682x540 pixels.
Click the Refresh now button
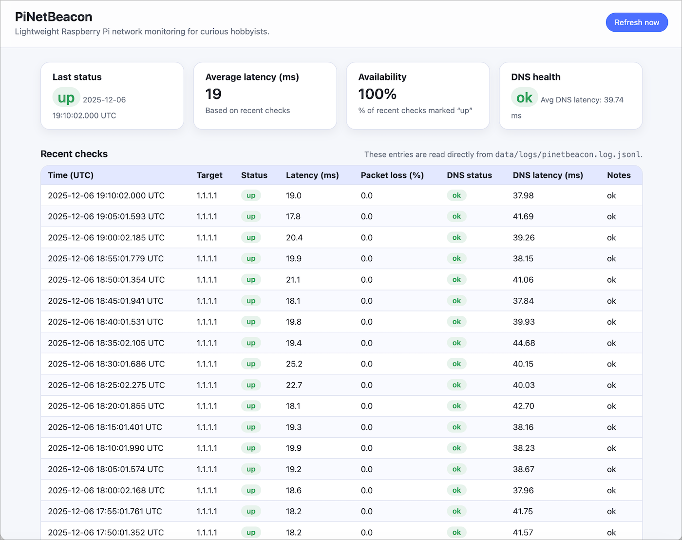(637, 22)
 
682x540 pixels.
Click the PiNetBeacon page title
(54, 17)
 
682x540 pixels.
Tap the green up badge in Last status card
(66, 97)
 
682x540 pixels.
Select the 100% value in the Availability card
(378, 94)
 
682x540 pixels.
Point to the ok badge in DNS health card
(524, 97)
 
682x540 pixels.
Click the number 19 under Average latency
(213, 94)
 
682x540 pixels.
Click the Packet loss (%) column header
(392, 175)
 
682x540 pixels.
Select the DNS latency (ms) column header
(548, 175)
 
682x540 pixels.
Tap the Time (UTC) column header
(71, 175)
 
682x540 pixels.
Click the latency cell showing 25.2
(294, 364)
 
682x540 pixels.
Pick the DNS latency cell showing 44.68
(524, 343)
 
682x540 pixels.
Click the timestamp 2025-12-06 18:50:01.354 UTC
(106, 280)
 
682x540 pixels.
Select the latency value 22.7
(294, 385)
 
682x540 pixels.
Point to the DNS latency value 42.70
(523, 406)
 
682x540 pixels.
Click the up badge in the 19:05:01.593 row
(251, 216)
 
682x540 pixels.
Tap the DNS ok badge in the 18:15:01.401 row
(456, 427)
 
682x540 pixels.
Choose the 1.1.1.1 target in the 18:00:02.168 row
(207, 490)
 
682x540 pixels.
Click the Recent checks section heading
(74, 154)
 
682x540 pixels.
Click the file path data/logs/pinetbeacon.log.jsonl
(568, 154)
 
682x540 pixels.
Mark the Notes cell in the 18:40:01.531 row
(611, 322)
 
